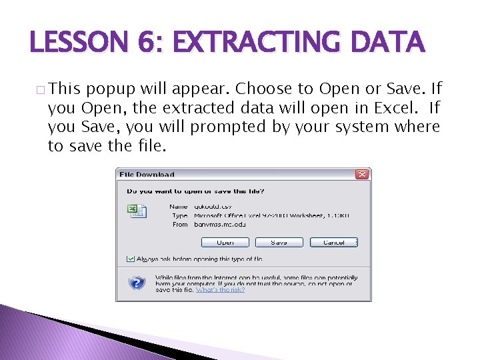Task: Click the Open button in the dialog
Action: pyautogui.click(x=225, y=243)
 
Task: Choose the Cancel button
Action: pyautogui.click(x=333, y=243)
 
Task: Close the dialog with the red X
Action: pyautogui.click(x=362, y=174)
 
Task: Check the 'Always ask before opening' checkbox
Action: pyautogui.click(x=130, y=259)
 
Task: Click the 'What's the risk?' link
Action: pyautogui.click(x=220, y=290)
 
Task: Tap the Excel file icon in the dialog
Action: pyautogui.click(x=133, y=210)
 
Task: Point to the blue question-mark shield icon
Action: pyautogui.click(x=137, y=283)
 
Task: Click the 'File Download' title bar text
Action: pyautogui.click(x=147, y=175)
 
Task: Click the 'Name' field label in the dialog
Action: pyautogui.click(x=179, y=207)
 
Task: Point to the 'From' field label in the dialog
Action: pyautogui.click(x=180, y=225)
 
